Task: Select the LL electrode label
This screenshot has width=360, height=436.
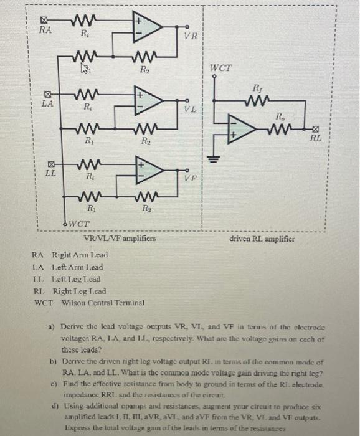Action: pyautogui.click(x=48, y=175)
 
